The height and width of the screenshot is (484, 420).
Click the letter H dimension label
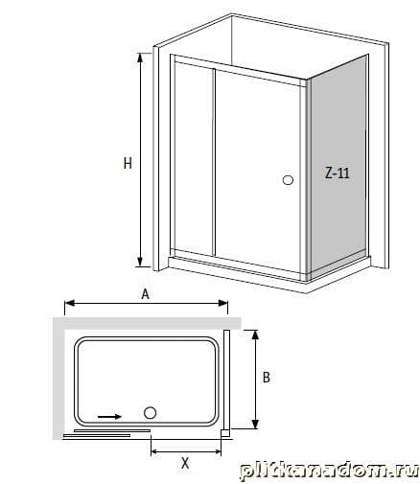click(128, 164)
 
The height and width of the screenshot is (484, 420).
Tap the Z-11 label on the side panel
click(337, 173)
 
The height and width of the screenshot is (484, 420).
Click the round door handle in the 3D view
click(288, 180)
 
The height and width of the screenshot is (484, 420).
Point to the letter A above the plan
click(146, 294)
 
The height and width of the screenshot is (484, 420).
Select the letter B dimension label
click(267, 378)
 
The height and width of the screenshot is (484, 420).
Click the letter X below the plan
click(185, 463)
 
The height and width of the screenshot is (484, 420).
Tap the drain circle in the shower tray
click(150, 413)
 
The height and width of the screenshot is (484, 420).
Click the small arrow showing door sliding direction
click(109, 416)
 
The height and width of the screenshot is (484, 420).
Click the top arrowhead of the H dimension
click(140, 58)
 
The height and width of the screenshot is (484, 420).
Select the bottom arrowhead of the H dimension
click(140, 262)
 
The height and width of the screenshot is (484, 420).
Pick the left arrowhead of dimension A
click(70, 303)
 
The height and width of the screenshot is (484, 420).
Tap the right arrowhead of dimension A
click(222, 303)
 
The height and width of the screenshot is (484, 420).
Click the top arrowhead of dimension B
click(255, 334)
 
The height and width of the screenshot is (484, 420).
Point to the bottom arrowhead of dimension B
click(255, 424)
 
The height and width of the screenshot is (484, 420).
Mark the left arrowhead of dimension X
click(155, 451)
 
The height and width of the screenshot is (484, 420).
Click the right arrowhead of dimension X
click(217, 451)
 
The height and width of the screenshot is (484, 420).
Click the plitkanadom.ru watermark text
click(329, 471)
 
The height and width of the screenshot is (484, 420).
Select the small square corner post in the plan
click(225, 433)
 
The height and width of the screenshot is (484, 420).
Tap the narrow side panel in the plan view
click(226, 380)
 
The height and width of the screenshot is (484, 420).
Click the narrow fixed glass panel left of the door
click(194, 159)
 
